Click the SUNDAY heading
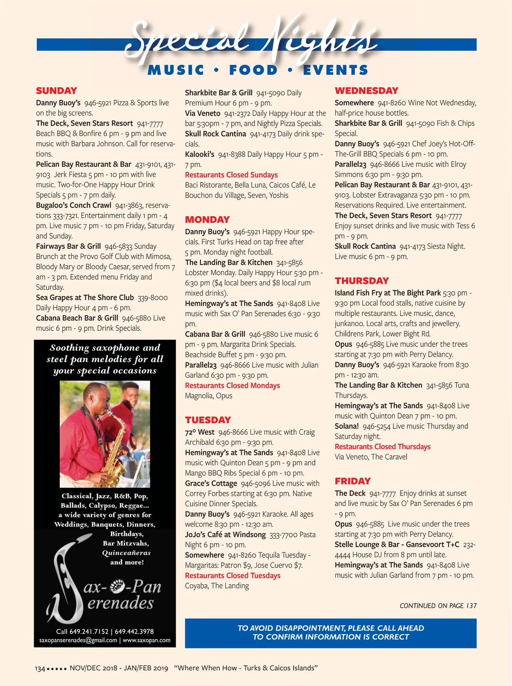point(56,91)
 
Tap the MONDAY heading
point(207,220)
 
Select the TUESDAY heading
point(208,420)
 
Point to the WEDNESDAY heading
point(366,91)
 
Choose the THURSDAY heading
point(361,281)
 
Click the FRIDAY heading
point(352,481)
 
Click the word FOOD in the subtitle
point(253,70)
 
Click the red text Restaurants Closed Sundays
point(231,175)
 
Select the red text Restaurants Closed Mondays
point(232,385)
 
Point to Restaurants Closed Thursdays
point(382,446)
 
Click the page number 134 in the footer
point(40,668)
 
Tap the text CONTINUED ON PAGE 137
point(438,606)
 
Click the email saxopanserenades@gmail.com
point(78,640)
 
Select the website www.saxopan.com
point(146,640)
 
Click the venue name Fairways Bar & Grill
point(68,246)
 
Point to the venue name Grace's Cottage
point(211,483)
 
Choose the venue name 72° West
point(199,432)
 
